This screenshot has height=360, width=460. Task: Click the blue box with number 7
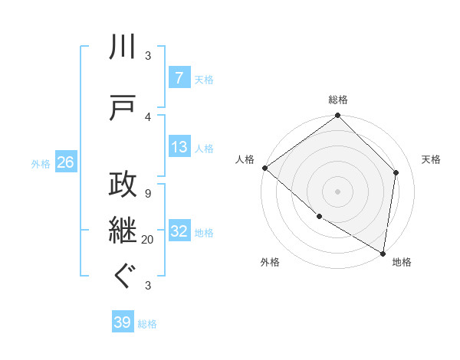(179, 79)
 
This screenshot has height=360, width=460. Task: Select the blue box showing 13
(179, 148)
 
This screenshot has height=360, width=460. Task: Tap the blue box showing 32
(179, 232)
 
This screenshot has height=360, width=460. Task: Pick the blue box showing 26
(65, 162)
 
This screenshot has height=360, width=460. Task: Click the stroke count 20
(148, 240)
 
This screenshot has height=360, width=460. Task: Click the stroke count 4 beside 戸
(148, 116)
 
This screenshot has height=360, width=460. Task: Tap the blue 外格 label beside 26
(41, 163)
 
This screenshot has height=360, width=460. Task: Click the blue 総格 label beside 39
(147, 324)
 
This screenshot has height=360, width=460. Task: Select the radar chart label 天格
(432, 159)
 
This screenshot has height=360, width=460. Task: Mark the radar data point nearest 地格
(383, 252)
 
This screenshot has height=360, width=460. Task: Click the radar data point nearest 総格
(338, 116)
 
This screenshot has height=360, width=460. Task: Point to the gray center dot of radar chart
(338, 191)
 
